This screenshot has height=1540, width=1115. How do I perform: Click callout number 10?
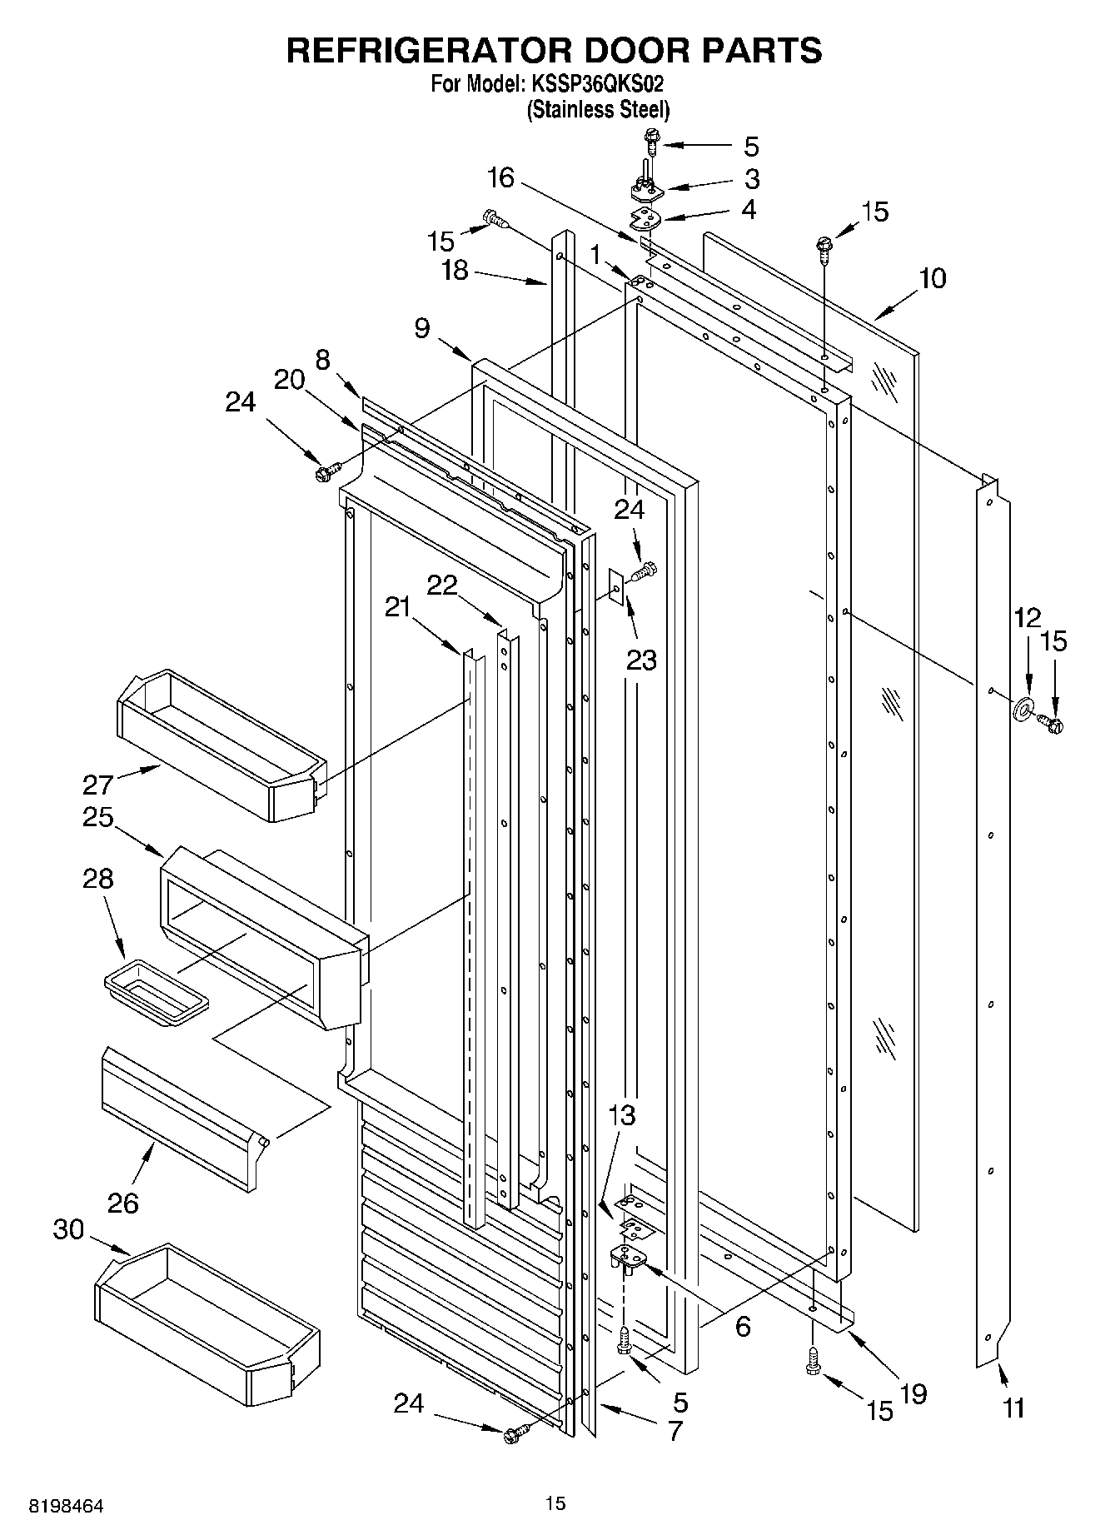(x=932, y=278)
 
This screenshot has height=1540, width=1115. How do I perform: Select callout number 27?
(x=97, y=785)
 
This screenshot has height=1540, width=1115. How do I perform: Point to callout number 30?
(x=69, y=1229)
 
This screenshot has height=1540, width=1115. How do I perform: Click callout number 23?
(x=641, y=660)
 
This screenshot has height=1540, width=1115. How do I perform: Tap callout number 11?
(x=1013, y=1408)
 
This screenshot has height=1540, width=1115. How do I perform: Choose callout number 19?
(x=913, y=1393)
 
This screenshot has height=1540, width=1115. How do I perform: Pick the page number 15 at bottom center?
(x=555, y=1503)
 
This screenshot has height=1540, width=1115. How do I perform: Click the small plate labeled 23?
(x=616, y=588)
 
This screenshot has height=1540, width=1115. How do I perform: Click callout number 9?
(x=422, y=328)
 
